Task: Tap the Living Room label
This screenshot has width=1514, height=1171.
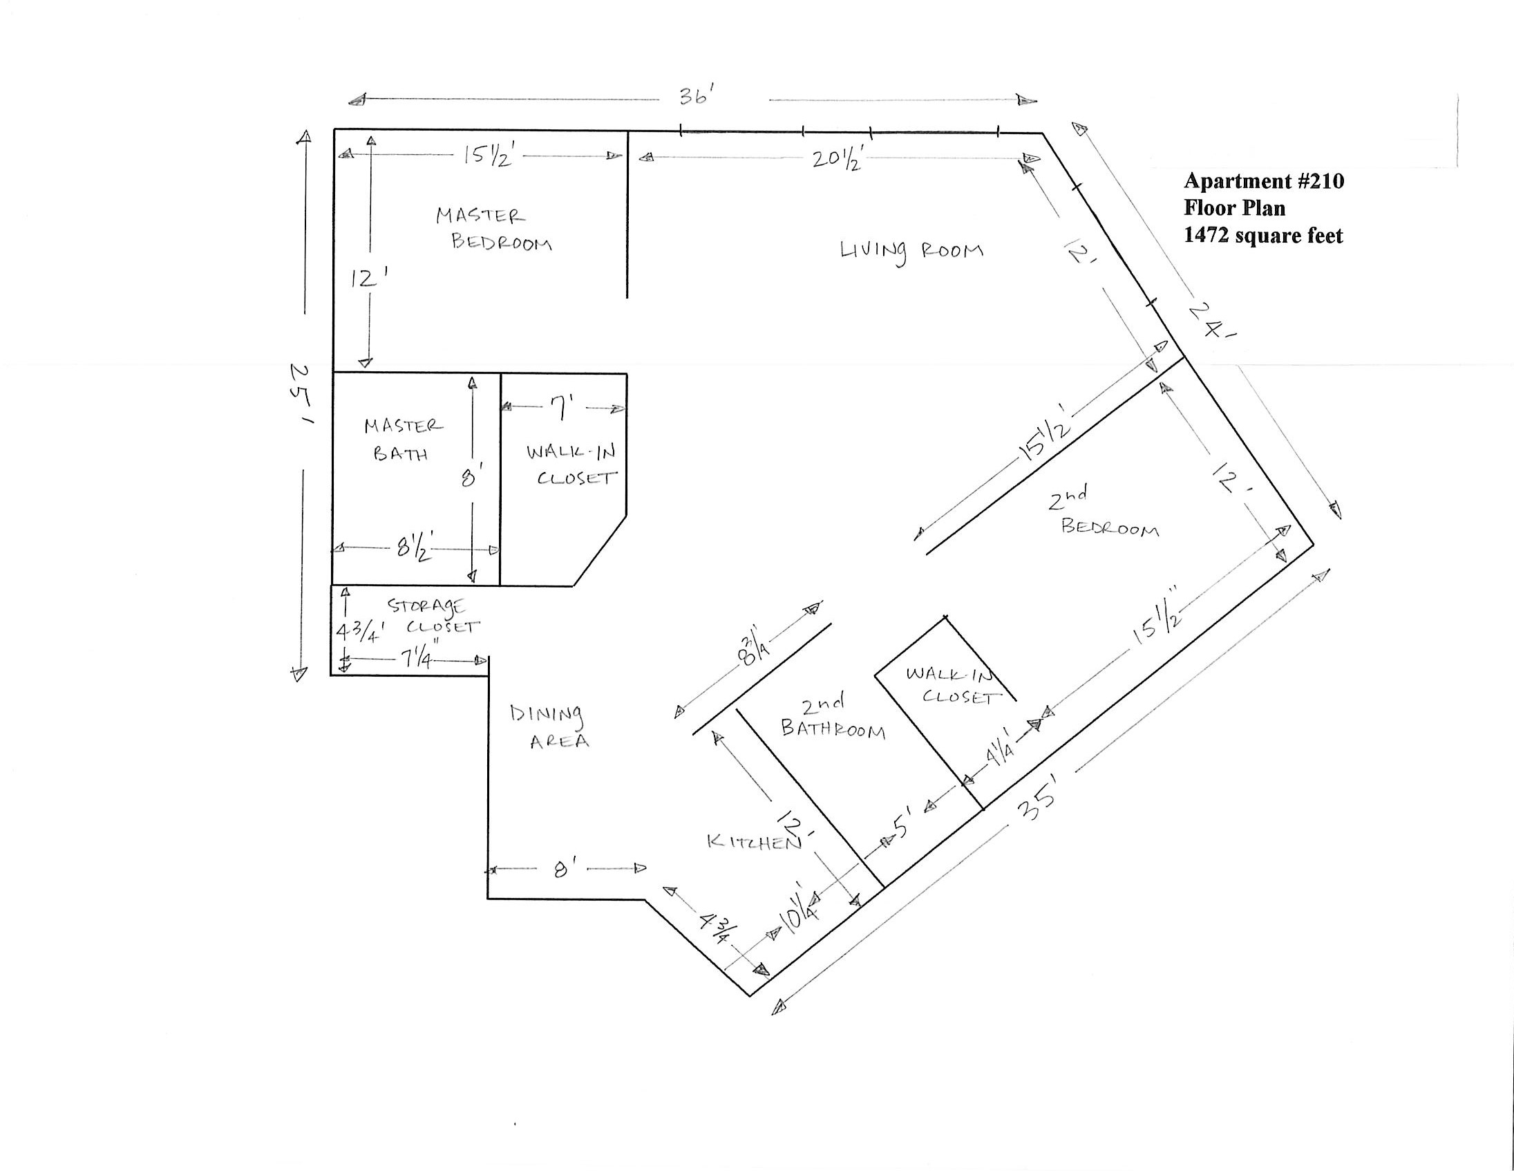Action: point(911,251)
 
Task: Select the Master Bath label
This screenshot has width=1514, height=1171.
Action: point(402,440)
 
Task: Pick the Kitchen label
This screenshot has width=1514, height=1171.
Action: point(753,842)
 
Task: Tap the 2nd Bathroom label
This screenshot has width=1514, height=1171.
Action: point(832,718)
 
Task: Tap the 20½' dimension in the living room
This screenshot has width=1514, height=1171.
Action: point(837,160)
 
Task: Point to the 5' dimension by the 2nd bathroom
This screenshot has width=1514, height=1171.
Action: point(902,827)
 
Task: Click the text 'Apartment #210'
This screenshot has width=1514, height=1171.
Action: point(1263,181)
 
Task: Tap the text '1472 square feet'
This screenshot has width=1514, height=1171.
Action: point(1263,236)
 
